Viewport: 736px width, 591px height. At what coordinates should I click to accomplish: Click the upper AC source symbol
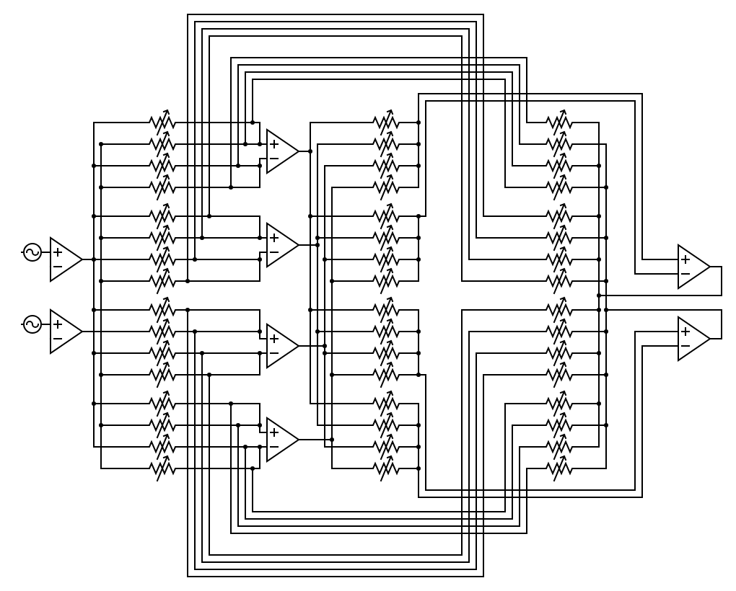[32, 252]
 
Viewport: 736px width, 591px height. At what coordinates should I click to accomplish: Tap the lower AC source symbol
[32, 324]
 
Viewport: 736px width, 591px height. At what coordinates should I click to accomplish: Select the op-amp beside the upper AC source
[64, 259]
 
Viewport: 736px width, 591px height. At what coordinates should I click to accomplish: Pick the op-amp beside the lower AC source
[64, 332]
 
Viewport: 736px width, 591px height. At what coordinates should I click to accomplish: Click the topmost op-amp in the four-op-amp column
[281, 151]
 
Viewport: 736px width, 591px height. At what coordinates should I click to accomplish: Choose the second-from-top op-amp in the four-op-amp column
[281, 245]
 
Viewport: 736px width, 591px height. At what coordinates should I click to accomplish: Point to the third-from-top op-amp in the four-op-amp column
[281, 346]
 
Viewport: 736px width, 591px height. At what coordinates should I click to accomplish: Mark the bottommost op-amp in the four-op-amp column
[281, 440]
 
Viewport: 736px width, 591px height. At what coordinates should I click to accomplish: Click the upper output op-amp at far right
[692, 267]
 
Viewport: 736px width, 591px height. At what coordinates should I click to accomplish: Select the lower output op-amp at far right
[692, 339]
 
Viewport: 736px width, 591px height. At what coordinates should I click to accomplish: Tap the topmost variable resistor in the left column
[162, 123]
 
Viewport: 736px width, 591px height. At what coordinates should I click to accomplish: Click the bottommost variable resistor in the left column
[162, 468]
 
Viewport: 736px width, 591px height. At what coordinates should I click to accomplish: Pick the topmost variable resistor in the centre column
[386, 123]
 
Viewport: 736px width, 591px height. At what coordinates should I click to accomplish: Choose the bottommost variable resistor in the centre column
[386, 468]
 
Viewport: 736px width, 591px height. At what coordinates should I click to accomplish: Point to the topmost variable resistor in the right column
[559, 123]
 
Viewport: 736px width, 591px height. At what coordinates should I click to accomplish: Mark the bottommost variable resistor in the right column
[559, 468]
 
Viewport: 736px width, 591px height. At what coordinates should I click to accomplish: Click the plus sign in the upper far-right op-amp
[685, 259]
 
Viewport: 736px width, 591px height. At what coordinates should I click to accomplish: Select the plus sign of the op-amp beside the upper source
[57, 252]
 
